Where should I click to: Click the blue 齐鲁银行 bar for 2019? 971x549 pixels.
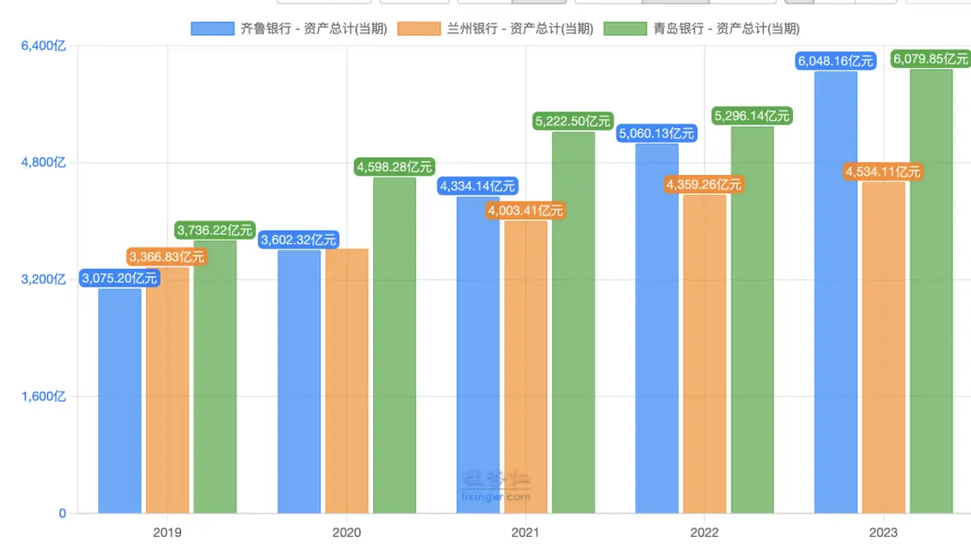point(120,401)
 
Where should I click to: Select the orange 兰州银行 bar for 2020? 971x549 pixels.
point(346,381)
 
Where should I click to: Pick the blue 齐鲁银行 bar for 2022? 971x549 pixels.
point(657,328)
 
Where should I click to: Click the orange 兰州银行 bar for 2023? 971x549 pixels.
point(884,347)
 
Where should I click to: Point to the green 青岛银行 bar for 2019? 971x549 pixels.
point(215,377)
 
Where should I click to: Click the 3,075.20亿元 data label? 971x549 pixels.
point(119,279)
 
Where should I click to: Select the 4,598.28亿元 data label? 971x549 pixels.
point(395,167)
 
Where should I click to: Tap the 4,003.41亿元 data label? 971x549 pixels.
point(525,211)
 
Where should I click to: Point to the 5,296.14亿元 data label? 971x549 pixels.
point(753,116)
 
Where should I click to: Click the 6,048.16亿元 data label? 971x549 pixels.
point(836,61)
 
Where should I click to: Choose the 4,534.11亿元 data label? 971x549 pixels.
point(884,172)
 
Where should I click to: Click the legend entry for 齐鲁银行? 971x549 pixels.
point(289,28)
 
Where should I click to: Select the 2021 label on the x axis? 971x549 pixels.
point(525,533)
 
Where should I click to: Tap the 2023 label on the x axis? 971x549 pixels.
point(883,533)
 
